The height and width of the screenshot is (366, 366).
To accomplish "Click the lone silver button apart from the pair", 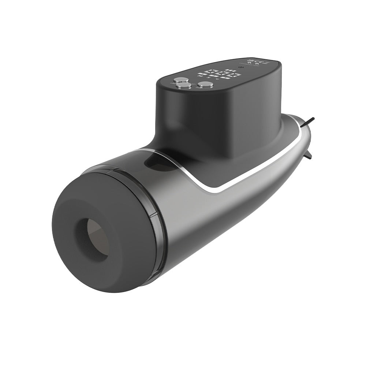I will pos(205,85).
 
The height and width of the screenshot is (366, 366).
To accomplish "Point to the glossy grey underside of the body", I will pos(220,227).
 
